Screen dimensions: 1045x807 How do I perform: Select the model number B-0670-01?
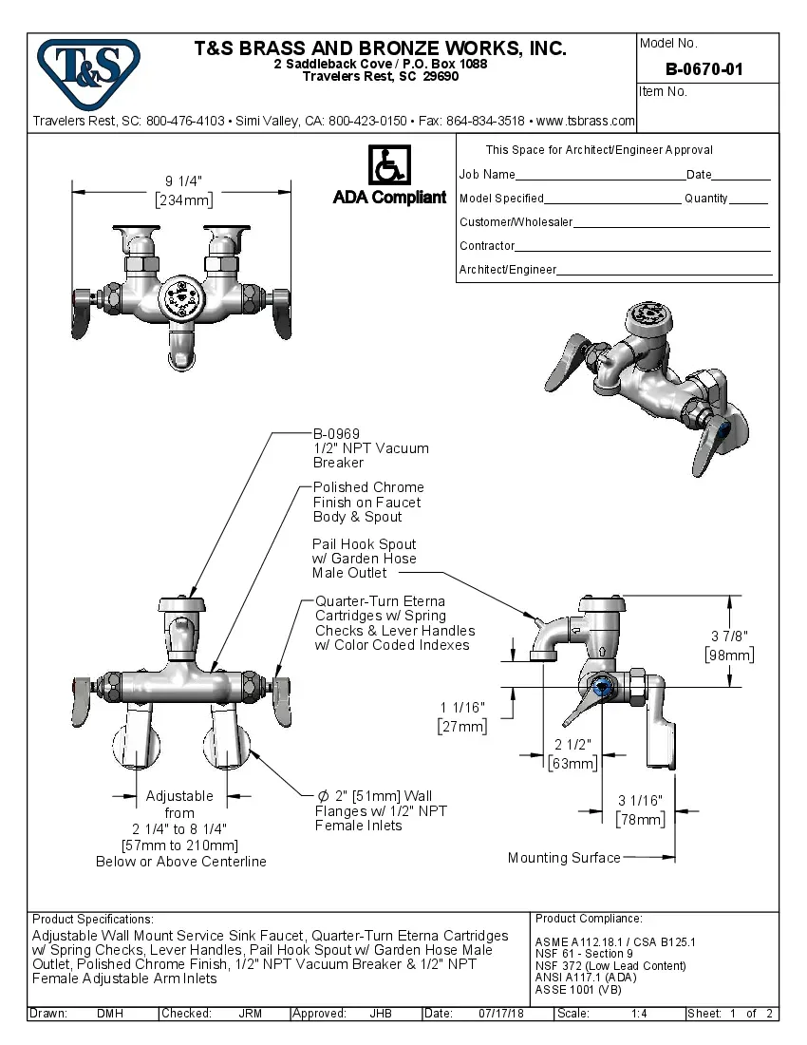pos(704,68)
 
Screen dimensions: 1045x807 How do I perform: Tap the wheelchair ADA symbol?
pos(388,164)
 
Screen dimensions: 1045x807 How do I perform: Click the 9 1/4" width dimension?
pos(183,181)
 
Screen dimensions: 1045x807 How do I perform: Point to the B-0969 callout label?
pos(336,434)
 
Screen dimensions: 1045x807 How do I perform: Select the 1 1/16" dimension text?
pos(462,708)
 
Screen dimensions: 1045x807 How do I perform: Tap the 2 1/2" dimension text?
pos(572,744)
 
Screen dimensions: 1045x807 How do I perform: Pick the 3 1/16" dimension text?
pos(640,800)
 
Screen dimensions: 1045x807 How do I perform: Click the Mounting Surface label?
pos(563,858)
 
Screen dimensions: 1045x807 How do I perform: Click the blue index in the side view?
pos(600,687)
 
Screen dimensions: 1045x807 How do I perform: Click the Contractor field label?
pos(487,246)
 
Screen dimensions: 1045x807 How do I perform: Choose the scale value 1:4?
pos(639,1014)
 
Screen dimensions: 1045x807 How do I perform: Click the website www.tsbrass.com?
pos(586,121)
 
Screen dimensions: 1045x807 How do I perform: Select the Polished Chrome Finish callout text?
pos(367,502)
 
